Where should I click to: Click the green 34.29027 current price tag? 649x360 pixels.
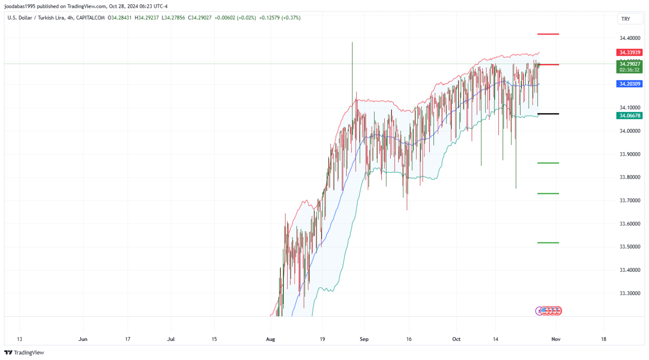pyautogui.click(x=630, y=64)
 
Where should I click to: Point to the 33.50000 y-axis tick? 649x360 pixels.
pyautogui.click(x=630, y=247)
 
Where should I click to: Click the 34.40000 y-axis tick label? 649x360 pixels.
pyautogui.click(x=630, y=38)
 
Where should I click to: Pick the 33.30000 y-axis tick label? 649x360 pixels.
pyautogui.click(x=630, y=293)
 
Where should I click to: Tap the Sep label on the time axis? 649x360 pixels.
pyautogui.click(x=364, y=339)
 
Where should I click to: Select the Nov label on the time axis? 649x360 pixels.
pyautogui.click(x=556, y=339)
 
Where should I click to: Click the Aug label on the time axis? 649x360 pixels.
pyautogui.click(x=270, y=339)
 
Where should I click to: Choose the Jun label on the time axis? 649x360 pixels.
pyautogui.click(x=83, y=339)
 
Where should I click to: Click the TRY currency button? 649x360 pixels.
pyautogui.click(x=626, y=19)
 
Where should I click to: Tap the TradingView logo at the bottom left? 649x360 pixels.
pyautogui.click(x=24, y=353)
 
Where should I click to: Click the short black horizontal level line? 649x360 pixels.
pyautogui.click(x=548, y=114)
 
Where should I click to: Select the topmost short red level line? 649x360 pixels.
pyautogui.click(x=548, y=34)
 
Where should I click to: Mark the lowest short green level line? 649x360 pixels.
pyautogui.click(x=548, y=243)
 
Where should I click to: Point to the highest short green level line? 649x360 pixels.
pyautogui.click(x=548, y=163)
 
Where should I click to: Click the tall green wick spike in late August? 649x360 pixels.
pyautogui.click(x=352, y=65)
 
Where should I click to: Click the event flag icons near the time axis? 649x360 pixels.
pyautogui.click(x=549, y=311)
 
